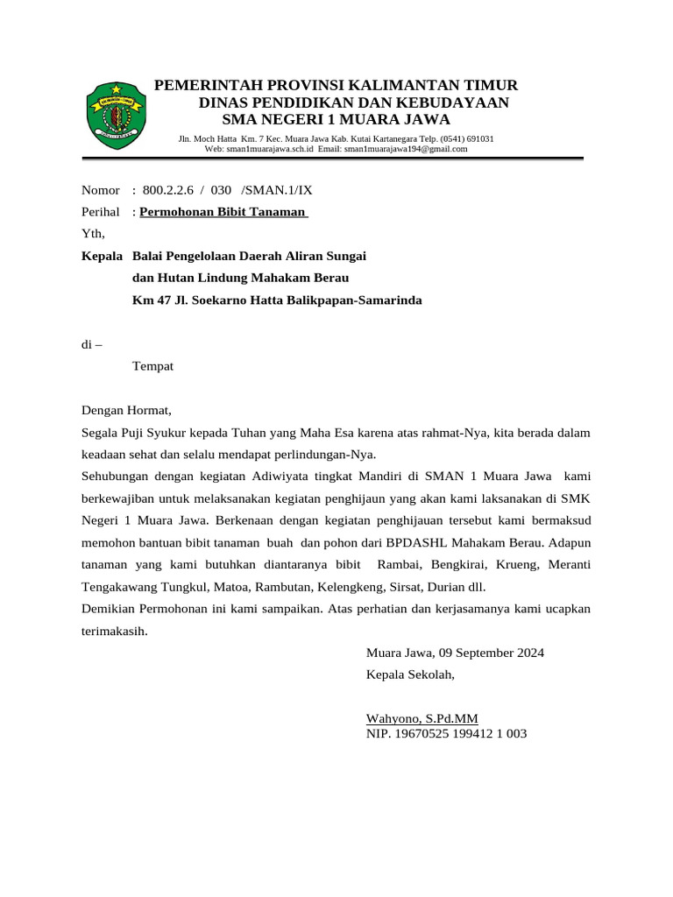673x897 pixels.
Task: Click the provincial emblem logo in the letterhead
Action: (x=117, y=115)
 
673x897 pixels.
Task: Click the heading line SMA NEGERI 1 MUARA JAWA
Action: (x=336, y=119)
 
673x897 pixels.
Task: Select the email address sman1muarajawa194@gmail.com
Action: (x=405, y=149)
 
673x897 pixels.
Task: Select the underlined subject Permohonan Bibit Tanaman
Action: (x=223, y=212)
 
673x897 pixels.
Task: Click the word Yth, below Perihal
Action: (x=93, y=233)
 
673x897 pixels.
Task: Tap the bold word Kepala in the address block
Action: (x=103, y=256)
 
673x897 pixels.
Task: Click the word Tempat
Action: (x=152, y=366)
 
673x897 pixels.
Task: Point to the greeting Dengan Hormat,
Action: (x=127, y=410)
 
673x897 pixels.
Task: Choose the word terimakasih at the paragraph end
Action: (x=114, y=631)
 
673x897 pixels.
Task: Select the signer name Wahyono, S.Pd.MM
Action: (x=422, y=718)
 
